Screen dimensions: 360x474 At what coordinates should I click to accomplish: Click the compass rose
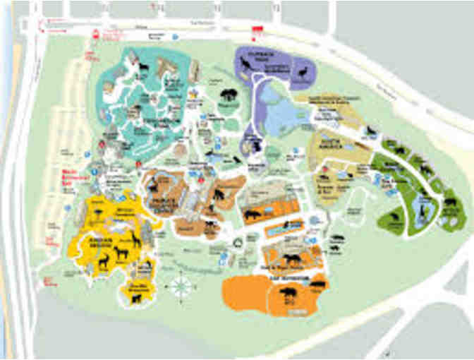pyautogui.click(x=178, y=287)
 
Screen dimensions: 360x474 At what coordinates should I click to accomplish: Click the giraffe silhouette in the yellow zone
pyautogui.click(x=132, y=241)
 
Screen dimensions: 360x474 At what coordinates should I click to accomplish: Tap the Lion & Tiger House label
pyautogui.click(x=278, y=268)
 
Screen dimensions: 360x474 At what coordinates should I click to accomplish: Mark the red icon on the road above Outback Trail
pyautogui.click(x=257, y=28)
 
